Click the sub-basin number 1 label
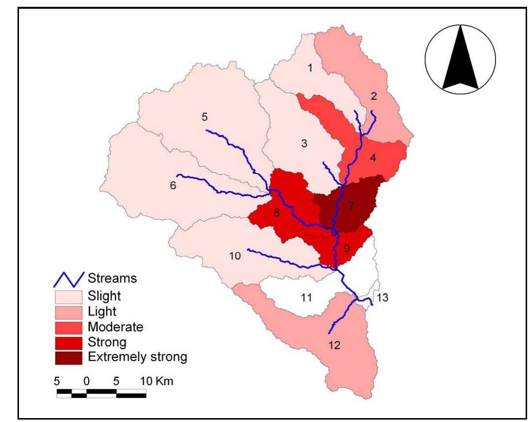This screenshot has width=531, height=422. (x=310, y=68)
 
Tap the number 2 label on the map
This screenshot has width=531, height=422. (x=374, y=96)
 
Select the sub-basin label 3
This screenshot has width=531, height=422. (x=304, y=144)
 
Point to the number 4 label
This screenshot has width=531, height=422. (x=373, y=158)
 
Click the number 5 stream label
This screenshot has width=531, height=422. (x=204, y=117)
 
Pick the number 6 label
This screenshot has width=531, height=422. (x=173, y=185)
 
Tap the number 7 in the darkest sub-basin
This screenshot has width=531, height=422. (x=351, y=207)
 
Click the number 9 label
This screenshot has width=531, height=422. (x=347, y=248)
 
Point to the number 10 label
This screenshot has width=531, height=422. (x=235, y=256)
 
